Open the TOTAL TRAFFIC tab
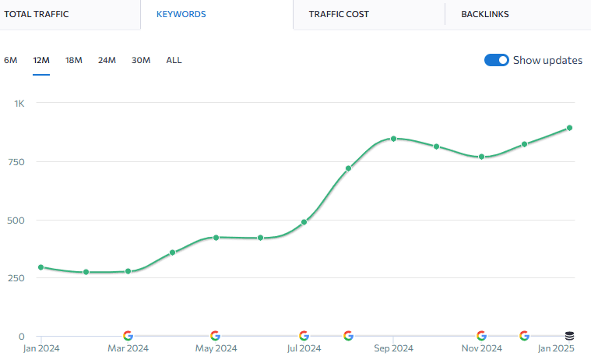click(x=37, y=14)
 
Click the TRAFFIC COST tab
click(x=339, y=14)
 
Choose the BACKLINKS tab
click(x=484, y=14)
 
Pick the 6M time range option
click(x=11, y=60)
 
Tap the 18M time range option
click(x=74, y=60)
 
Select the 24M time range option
click(x=107, y=60)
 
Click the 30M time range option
click(x=141, y=60)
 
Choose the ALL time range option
click(x=174, y=60)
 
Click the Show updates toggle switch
click(x=497, y=60)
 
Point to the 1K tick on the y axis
click(x=19, y=104)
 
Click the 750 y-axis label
click(x=16, y=162)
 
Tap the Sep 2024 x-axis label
click(x=392, y=348)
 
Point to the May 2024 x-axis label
click(x=216, y=348)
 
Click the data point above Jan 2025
click(x=569, y=128)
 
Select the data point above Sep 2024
click(x=393, y=139)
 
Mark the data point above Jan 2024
click(x=40, y=267)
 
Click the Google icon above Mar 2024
click(x=128, y=336)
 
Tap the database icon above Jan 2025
click(x=569, y=336)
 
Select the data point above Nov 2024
click(x=481, y=157)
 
